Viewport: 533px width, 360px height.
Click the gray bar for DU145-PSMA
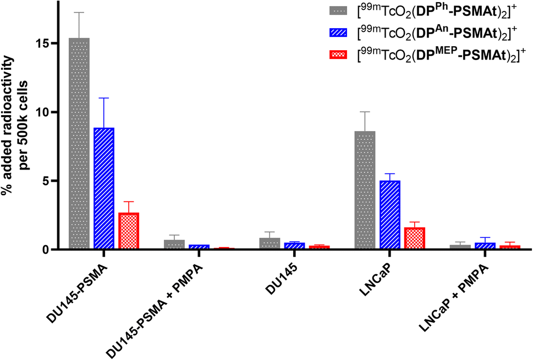tap(79, 143)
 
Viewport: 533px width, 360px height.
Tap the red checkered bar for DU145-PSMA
tap(129, 231)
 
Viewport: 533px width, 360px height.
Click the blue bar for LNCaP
tap(389, 215)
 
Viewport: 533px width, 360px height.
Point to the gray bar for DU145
tap(270, 243)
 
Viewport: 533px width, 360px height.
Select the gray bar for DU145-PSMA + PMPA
tap(174, 244)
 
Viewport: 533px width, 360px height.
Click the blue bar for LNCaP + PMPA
tap(485, 246)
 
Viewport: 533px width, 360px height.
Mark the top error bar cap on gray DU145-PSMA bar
tap(79, 12)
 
